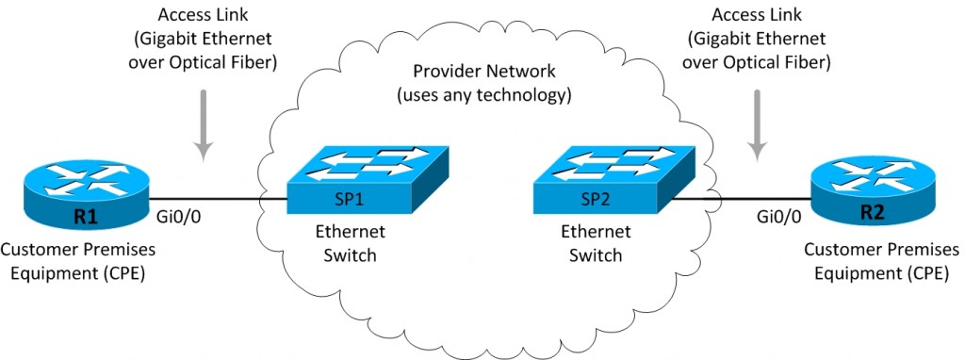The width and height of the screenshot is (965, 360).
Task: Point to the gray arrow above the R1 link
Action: (x=204, y=132)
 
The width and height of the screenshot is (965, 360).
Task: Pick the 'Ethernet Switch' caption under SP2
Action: (x=590, y=243)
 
